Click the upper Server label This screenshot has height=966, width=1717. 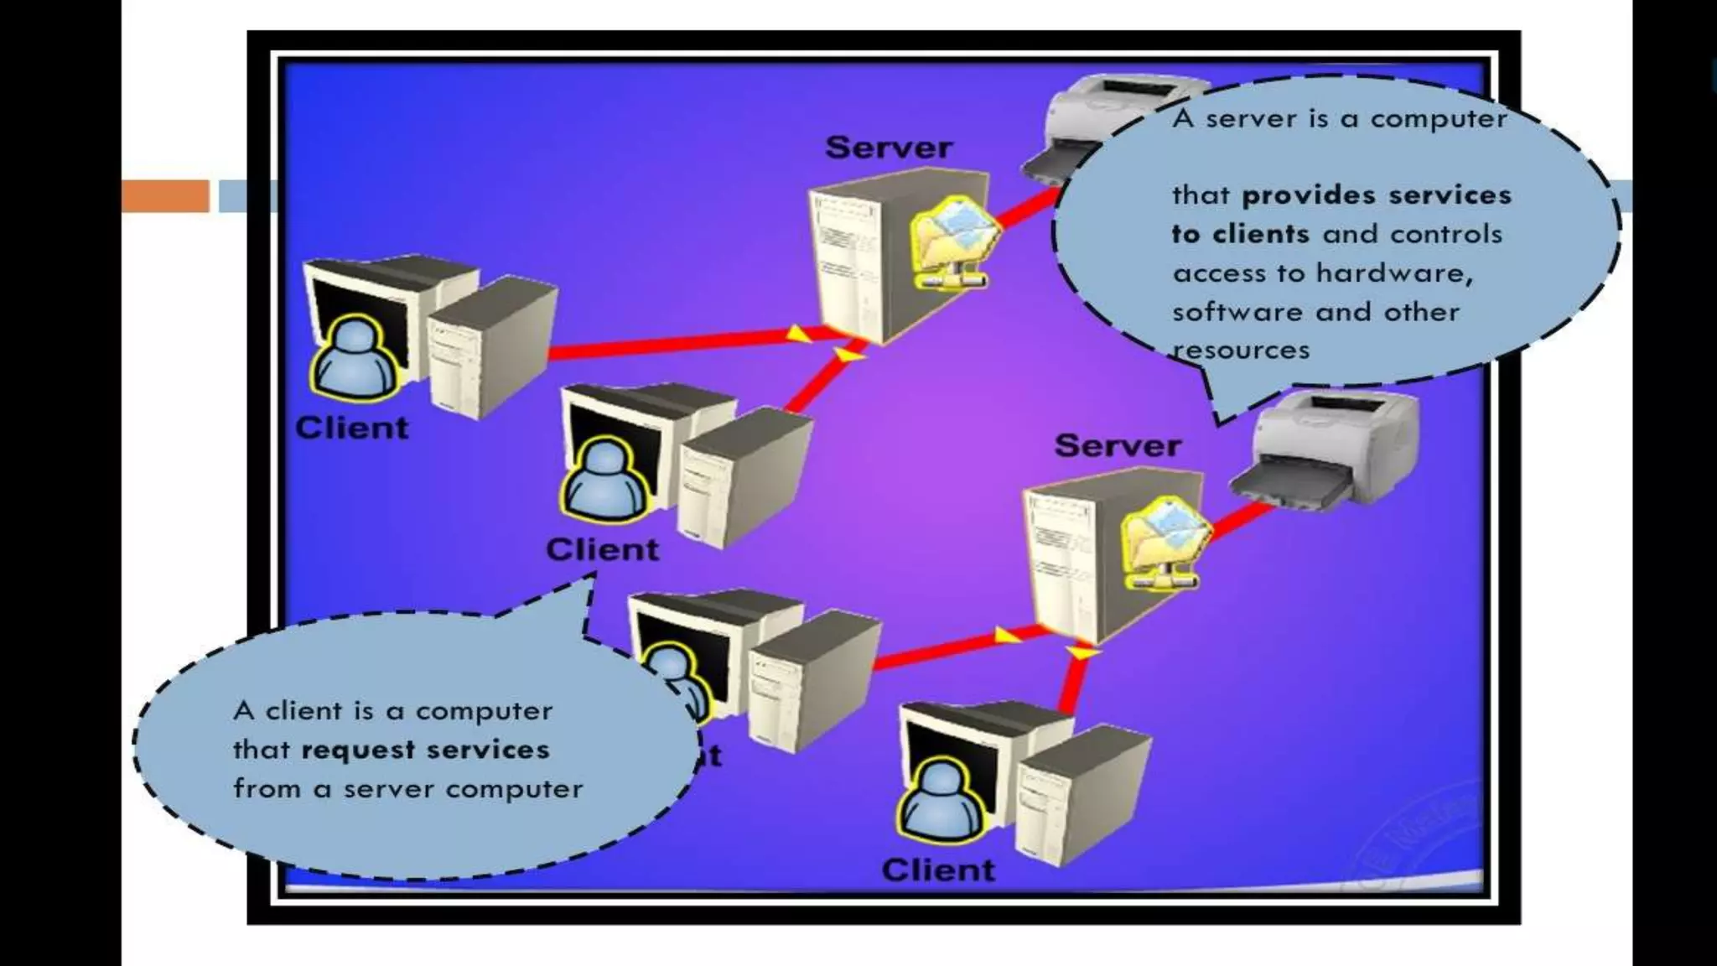pyautogui.click(x=889, y=148)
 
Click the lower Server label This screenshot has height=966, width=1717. pyautogui.click(x=1118, y=445)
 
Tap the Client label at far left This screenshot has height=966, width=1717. pyautogui.click(x=351, y=428)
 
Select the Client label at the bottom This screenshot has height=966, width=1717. pyautogui.click(x=938, y=870)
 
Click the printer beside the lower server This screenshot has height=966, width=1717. pyautogui.click(x=1329, y=453)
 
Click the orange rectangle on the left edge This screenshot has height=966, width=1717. pyautogui.click(x=165, y=195)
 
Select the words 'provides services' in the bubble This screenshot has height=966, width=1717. pyautogui.click(x=1376, y=195)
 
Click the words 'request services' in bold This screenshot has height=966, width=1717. pyautogui.click(x=425, y=750)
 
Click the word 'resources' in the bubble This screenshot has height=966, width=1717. pyautogui.click(x=1241, y=351)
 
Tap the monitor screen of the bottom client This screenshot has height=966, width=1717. pyautogui.click(x=947, y=746)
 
